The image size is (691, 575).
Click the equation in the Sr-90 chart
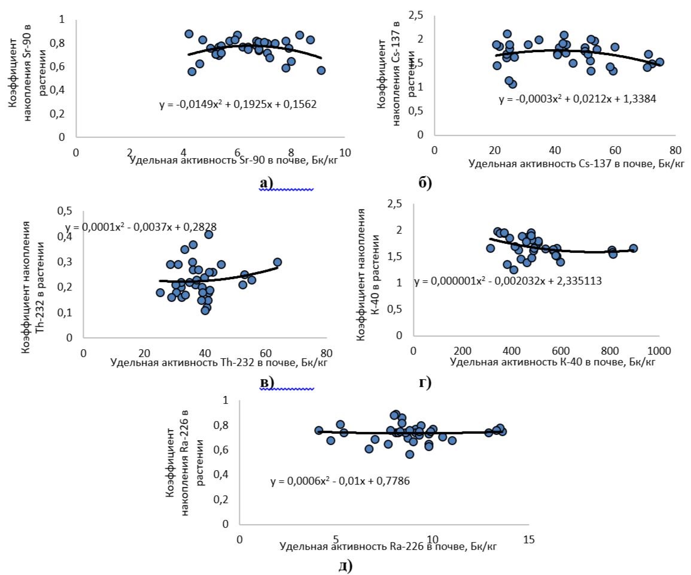tap(238, 104)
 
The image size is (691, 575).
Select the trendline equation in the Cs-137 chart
tap(577, 99)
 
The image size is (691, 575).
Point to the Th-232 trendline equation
tap(141, 227)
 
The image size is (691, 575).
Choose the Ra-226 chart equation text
tap(339, 481)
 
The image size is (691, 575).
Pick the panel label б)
tap(425, 183)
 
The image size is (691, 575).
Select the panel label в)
tap(266, 382)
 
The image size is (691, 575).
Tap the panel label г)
tap(425, 382)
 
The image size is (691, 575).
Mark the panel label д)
tap(346, 565)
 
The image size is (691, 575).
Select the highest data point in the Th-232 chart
tap(209, 235)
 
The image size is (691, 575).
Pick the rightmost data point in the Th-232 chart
tap(277, 262)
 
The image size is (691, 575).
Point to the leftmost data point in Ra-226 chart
tap(319, 431)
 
